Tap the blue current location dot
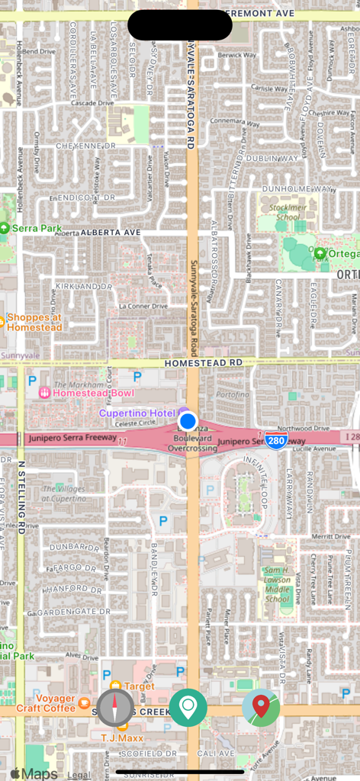coord(188,421)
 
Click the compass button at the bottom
coord(115,707)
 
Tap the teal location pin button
coord(188,707)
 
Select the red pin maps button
coord(261,707)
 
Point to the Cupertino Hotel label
coord(139,413)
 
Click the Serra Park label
coord(31,228)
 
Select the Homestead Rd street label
coord(203,362)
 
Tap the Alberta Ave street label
coord(109,232)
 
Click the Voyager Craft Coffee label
coord(55,703)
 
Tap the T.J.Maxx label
coord(123,738)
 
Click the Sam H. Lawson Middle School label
coord(277,584)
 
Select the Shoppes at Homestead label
coord(34,322)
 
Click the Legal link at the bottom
coord(79,774)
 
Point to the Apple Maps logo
coord(34,773)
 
